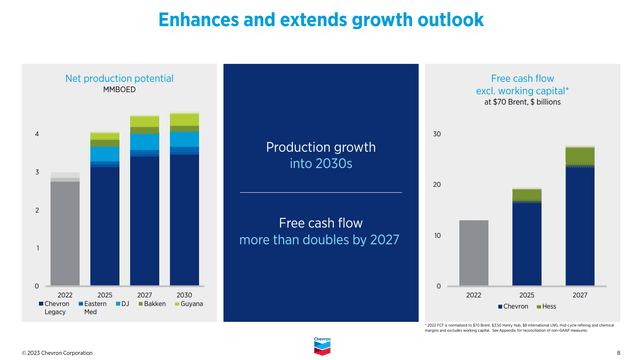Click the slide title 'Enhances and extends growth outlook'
click(320, 19)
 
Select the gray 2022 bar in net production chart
click(66, 230)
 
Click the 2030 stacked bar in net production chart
click(184, 200)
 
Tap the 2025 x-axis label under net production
click(105, 295)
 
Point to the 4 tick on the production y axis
click(38, 134)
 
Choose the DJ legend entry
click(123, 304)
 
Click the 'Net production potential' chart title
click(120, 78)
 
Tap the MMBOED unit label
click(120, 90)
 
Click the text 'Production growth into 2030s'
click(320, 155)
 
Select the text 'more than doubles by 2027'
click(320, 240)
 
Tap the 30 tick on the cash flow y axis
click(437, 134)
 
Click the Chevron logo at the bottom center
click(320, 345)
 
